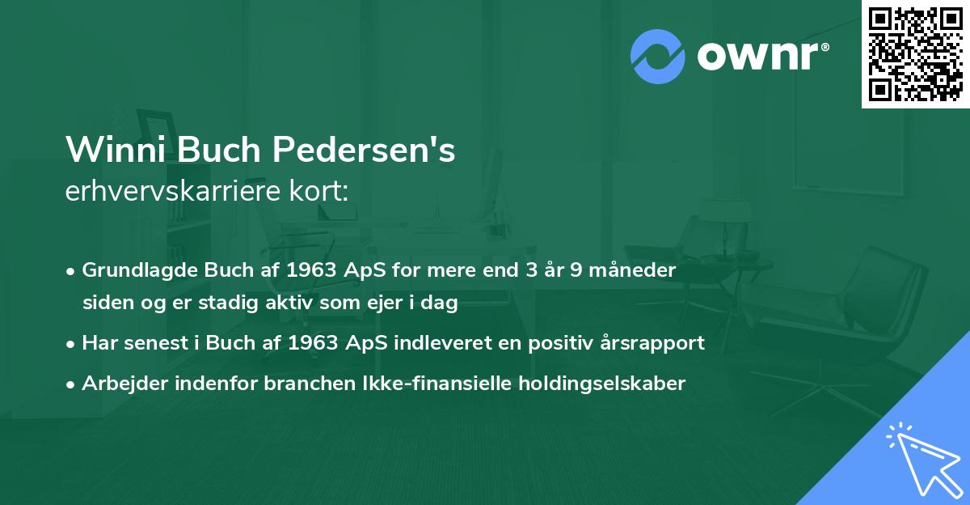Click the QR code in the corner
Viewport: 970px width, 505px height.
point(916,53)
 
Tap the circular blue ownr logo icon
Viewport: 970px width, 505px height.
point(658,56)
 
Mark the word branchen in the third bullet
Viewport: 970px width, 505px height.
point(301,383)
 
